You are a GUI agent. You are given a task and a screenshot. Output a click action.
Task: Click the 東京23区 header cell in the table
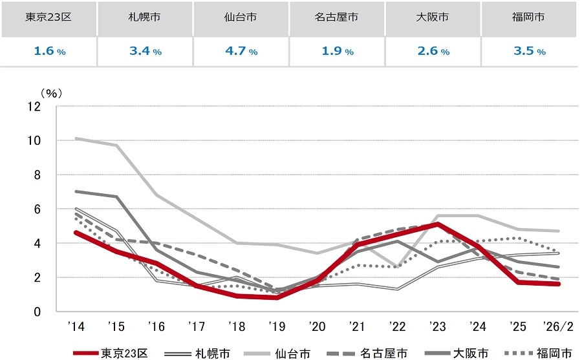(x=48, y=17)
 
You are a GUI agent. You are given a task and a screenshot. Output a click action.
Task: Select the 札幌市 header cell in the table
(x=145, y=17)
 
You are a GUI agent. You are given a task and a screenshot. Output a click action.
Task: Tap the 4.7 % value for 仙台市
(x=241, y=51)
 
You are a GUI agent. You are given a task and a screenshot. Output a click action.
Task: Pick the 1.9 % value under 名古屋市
(x=336, y=51)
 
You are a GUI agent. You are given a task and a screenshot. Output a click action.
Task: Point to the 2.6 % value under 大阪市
(x=433, y=51)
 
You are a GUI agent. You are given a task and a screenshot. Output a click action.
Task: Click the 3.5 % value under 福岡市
(x=528, y=51)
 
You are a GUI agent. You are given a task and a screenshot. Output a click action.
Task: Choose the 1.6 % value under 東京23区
(x=48, y=51)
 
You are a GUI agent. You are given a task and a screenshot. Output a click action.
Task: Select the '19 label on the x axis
(x=277, y=326)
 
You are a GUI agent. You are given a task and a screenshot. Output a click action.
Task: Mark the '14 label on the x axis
(x=76, y=326)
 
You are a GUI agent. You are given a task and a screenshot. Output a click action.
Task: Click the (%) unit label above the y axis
(x=50, y=92)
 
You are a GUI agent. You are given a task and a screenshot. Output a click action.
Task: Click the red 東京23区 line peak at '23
(x=438, y=224)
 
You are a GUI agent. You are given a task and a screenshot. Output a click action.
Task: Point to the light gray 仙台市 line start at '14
(x=76, y=138)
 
